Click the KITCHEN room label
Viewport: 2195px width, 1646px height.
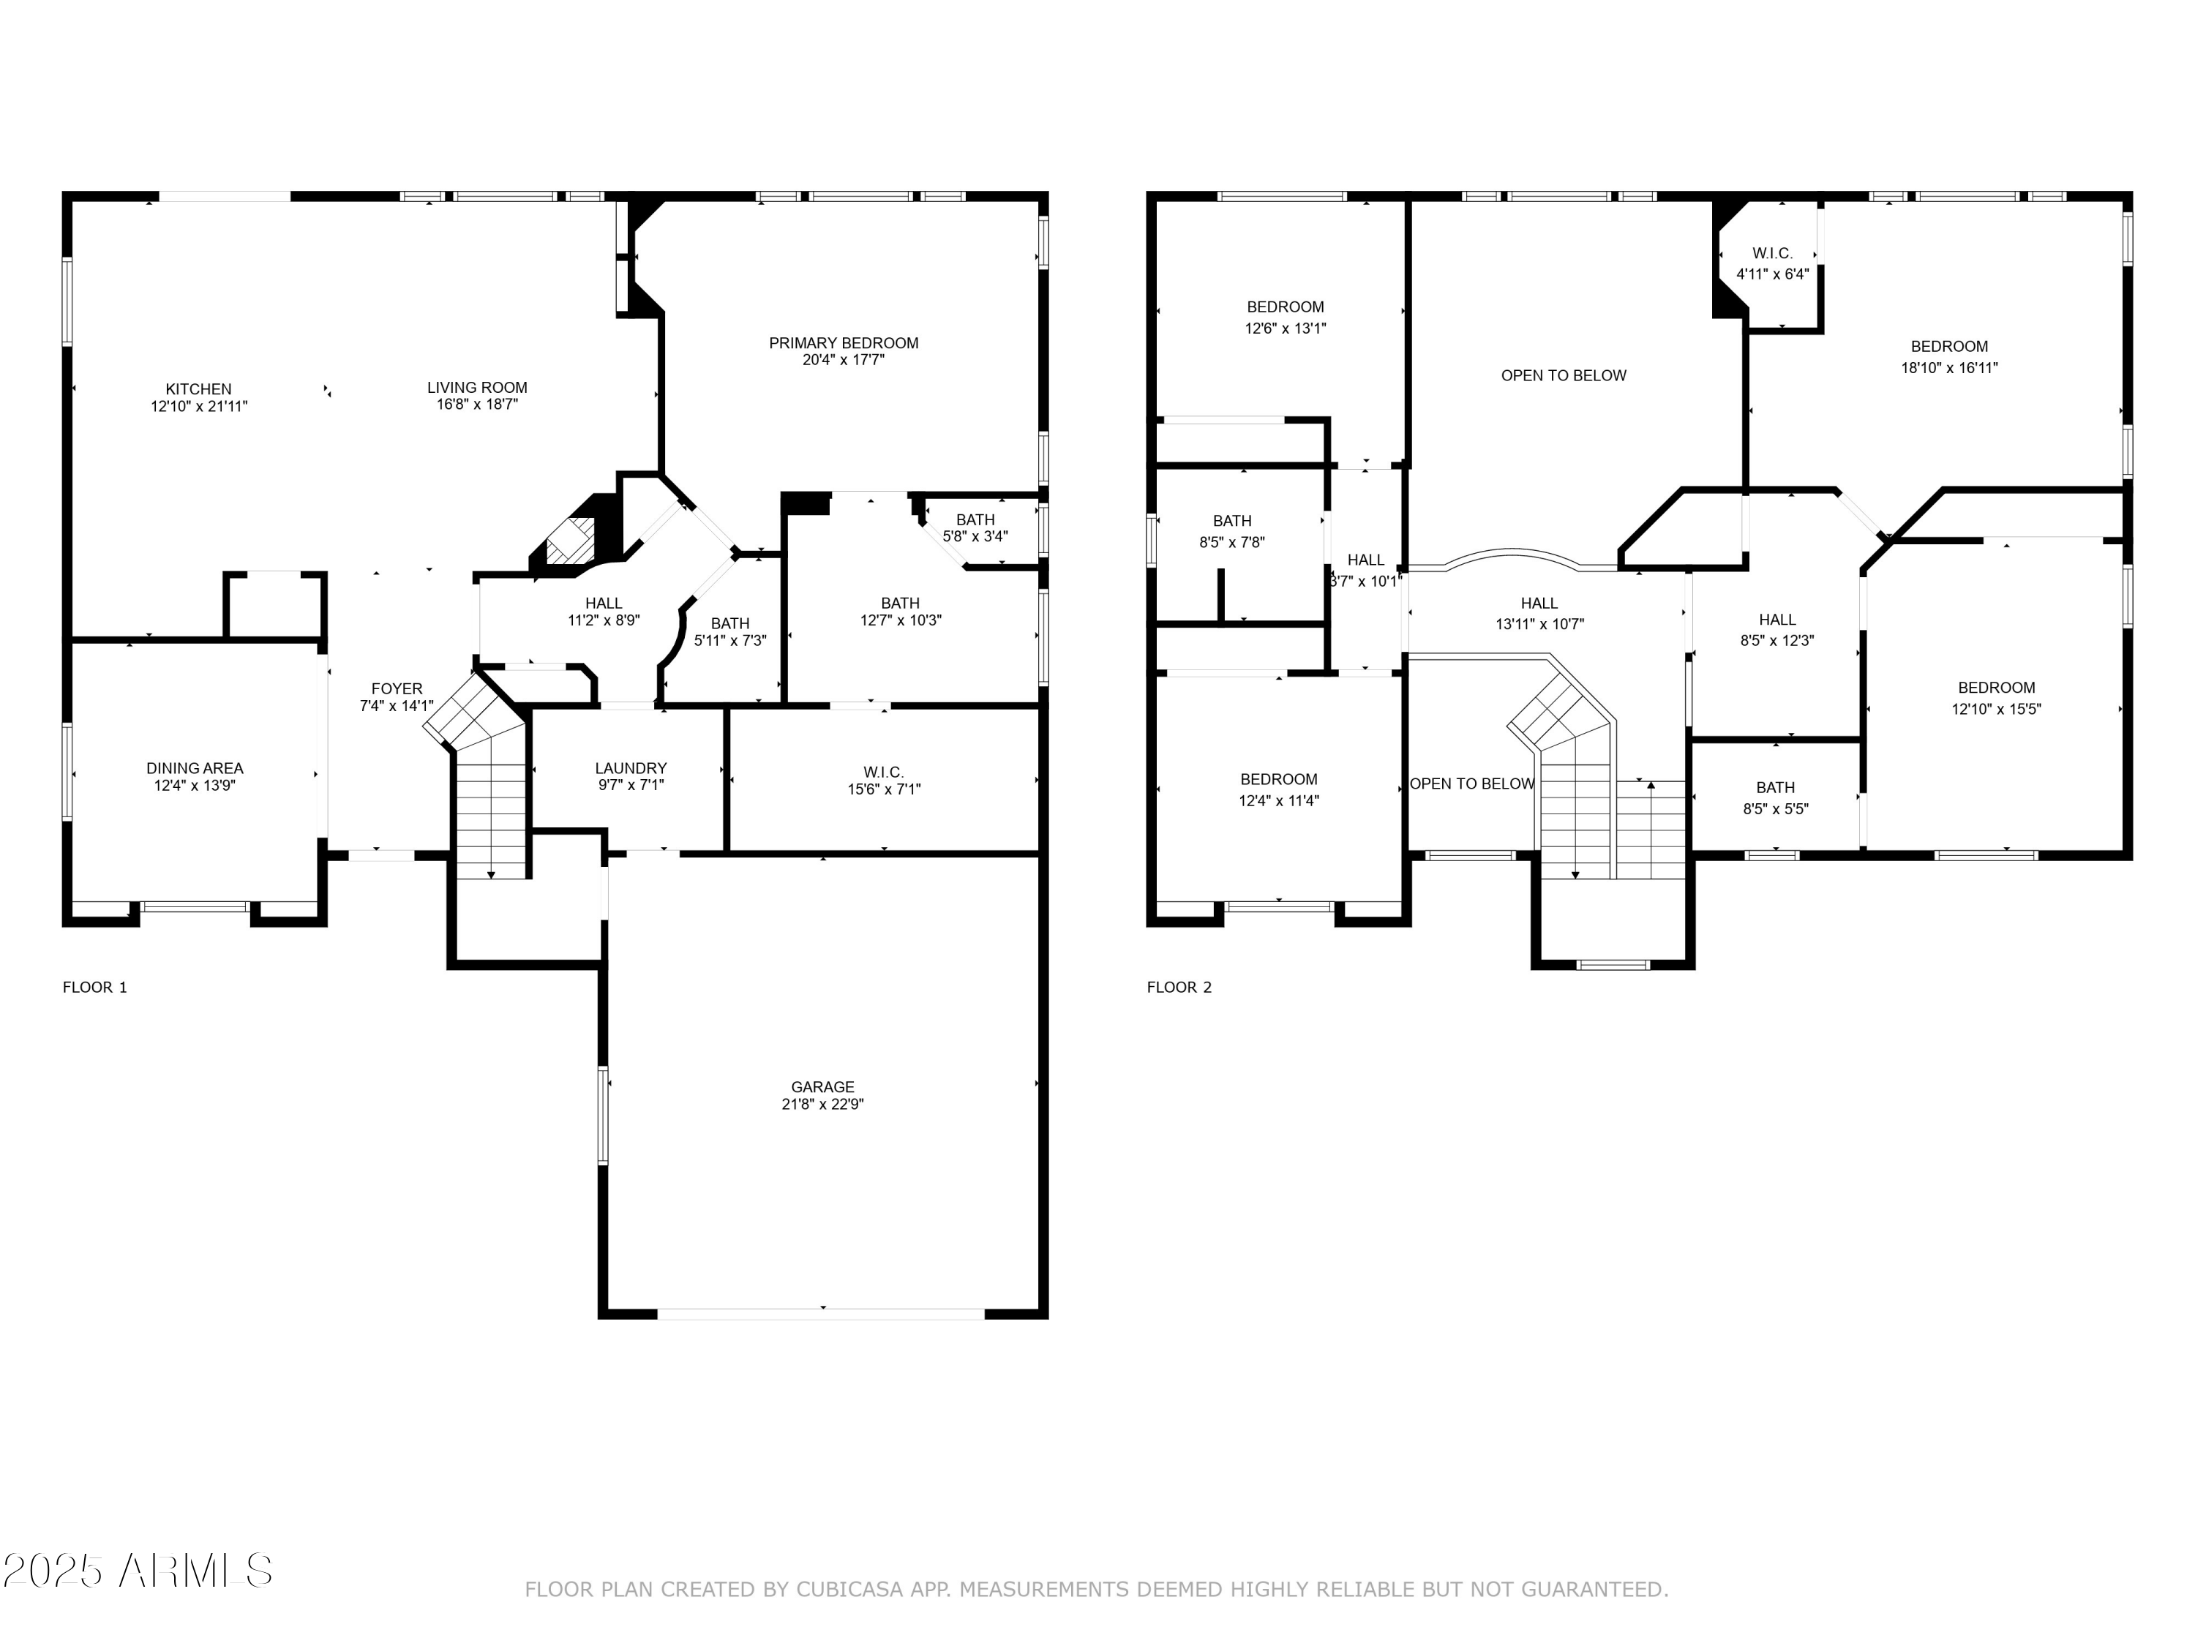[198, 389]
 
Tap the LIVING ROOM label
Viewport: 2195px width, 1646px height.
[477, 388]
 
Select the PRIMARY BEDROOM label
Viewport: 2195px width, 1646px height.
[844, 343]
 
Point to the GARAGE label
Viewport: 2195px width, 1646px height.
[822, 1087]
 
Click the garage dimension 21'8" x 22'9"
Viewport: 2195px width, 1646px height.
[822, 1104]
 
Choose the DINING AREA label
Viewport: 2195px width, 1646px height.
[195, 768]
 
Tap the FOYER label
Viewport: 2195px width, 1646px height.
[397, 688]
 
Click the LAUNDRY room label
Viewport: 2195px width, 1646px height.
[631, 768]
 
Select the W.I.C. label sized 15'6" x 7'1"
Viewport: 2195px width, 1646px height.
[883, 772]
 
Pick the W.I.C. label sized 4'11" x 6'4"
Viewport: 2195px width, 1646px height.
[1772, 254]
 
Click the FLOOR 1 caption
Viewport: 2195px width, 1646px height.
[95, 987]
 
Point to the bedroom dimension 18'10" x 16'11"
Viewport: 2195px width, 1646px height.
[1950, 368]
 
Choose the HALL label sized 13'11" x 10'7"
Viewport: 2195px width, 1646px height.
[1540, 604]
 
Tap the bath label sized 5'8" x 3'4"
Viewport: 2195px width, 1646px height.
[975, 520]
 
